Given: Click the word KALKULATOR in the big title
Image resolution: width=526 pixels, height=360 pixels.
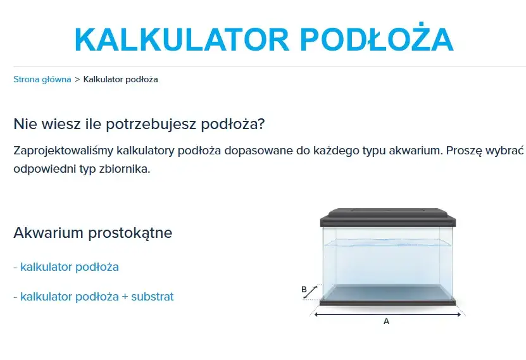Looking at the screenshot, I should (x=180, y=39).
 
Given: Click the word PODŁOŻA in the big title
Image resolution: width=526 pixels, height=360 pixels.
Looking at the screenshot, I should (x=376, y=39).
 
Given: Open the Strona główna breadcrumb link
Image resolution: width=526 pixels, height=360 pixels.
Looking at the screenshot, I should (x=42, y=80).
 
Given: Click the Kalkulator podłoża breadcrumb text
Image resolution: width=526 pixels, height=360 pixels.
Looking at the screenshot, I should (x=120, y=80).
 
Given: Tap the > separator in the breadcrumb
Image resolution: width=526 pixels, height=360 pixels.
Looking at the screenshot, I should (x=77, y=80).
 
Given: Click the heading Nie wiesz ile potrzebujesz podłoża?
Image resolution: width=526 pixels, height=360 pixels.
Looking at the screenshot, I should (x=139, y=123).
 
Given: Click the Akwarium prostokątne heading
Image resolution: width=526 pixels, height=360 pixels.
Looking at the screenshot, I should (x=92, y=233).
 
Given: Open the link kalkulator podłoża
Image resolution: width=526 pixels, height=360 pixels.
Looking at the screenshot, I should (x=69, y=267).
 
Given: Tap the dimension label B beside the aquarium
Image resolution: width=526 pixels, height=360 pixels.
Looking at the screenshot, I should (x=304, y=290).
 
